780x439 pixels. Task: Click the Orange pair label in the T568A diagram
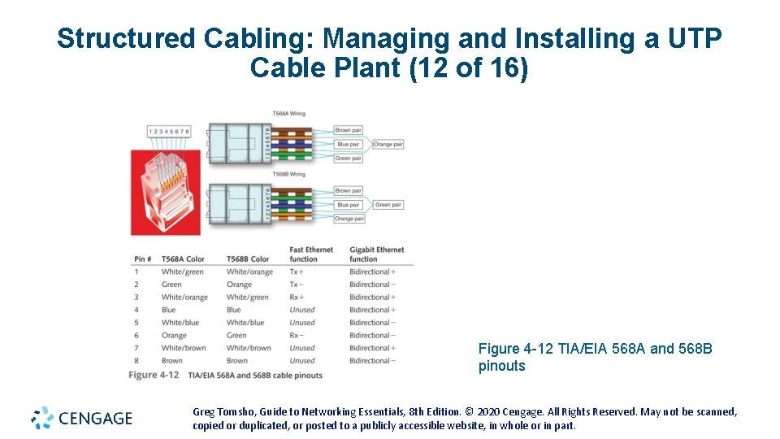coord(388,144)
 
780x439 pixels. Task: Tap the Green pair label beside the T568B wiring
coord(388,205)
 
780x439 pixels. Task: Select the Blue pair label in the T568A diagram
coord(349,144)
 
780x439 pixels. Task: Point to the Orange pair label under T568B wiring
coord(349,219)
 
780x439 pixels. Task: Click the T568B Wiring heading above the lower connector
coord(288,174)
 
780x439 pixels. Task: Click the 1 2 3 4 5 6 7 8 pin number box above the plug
coord(169,131)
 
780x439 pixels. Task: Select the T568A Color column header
coord(183,259)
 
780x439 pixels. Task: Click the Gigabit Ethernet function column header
coord(376,254)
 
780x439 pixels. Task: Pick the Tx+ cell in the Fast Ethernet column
coord(297,272)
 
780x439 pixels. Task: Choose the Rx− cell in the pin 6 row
coord(297,335)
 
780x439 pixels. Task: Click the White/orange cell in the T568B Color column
coord(249,272)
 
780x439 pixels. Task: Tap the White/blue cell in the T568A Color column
coord(180,323)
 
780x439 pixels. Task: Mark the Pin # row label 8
coord(136,361)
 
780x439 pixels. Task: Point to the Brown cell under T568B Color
coord(237,361)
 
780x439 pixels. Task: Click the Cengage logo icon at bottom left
coord(42,418)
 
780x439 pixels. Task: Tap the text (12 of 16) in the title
coord(470,68)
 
